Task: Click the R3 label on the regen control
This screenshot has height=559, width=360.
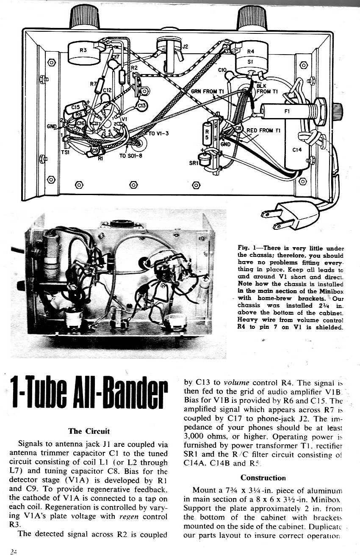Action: click(x=83, y=50)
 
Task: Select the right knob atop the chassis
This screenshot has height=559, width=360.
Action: click(x=252, y=17)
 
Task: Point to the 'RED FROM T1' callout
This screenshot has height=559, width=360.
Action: click(x=263, y=130)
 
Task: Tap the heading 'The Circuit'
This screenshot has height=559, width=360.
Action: click(x=89, y=431)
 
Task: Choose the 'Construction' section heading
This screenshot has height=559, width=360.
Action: click(x=263, y=478)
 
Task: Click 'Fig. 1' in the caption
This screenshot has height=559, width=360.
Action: click(x=247, y=248)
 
